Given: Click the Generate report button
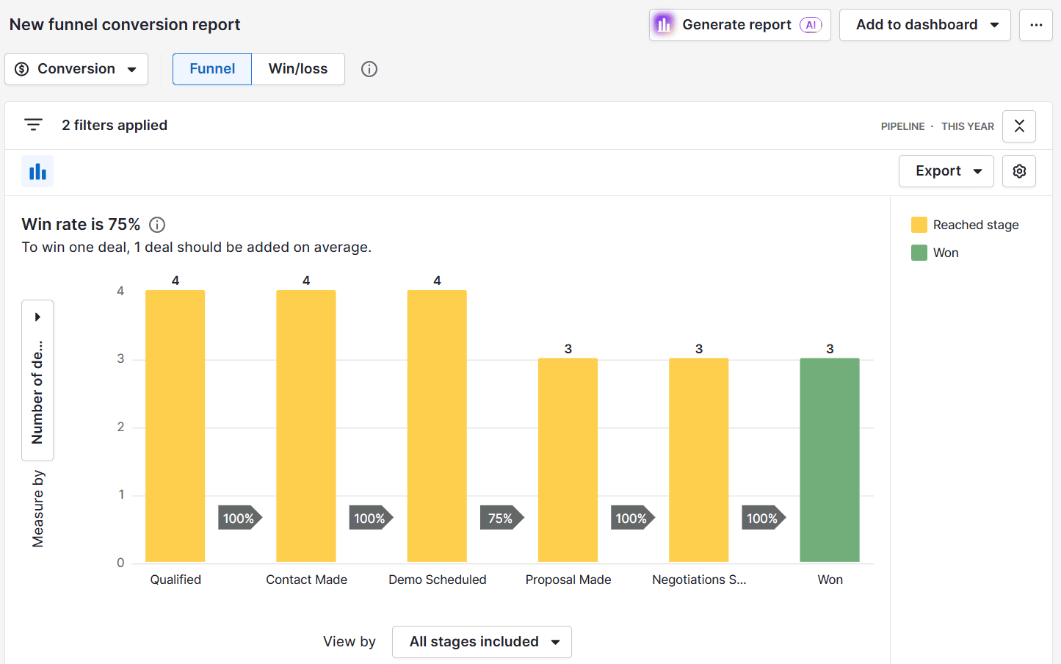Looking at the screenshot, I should [739, 25].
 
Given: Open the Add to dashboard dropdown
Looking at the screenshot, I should [924, 25].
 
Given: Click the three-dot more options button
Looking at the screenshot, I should [1035, 25].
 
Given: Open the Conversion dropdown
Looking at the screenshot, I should [76, 69].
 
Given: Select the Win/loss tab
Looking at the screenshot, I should [297, 69].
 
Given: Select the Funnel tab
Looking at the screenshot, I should [212, 69].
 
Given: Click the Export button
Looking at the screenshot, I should [946, 171].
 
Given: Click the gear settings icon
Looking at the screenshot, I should [1019, 171].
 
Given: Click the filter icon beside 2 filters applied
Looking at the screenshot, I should [33, 125].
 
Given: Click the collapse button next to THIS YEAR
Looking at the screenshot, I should [1019, 126].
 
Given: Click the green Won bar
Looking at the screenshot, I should [829, 460].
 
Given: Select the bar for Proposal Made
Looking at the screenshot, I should [568, 460].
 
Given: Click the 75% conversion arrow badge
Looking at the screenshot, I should [501, 519].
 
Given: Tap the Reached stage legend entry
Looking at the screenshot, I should [965, 225].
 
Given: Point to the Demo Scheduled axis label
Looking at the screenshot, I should [437, 580].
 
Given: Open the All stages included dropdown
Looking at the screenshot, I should [482, 642].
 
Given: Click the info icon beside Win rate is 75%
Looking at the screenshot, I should [157, 225].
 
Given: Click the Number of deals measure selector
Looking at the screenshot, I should [37, 380].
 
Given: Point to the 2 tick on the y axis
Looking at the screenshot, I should [121, 427].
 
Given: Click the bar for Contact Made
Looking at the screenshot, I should [306, 426].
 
